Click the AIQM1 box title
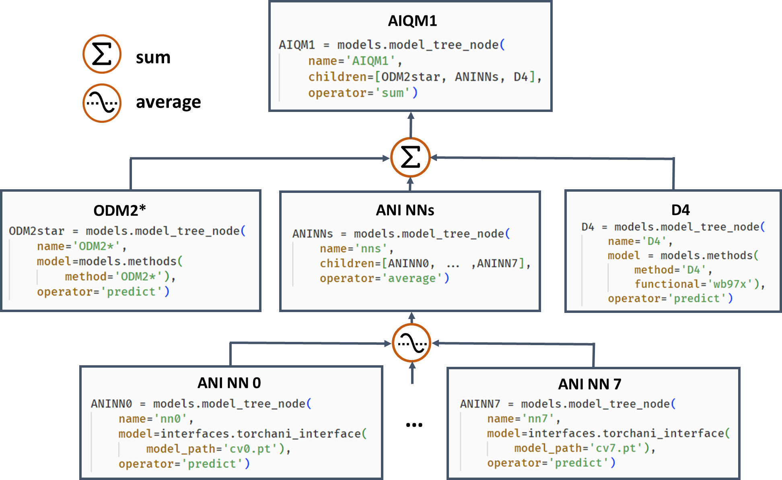click(x=412, y=21)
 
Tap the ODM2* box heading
click(x=119, y=210)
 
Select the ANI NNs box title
click(x=405, y=210)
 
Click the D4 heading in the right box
click(x=680, y=210)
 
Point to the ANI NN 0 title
click(x=229, y=383)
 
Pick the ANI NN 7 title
click(x=589, y=384)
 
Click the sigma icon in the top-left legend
click(x=102, y=54)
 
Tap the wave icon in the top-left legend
click(x=102, y=103)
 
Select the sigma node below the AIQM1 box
click(x=410, y=157)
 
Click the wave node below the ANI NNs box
click(x=412, y=343)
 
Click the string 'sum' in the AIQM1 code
click(x=392, y=93)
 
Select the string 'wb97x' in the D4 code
click(x=730, y=284)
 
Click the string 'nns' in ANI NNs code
click(x=371, y=248)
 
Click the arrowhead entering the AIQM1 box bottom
click(x=411, y=116)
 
